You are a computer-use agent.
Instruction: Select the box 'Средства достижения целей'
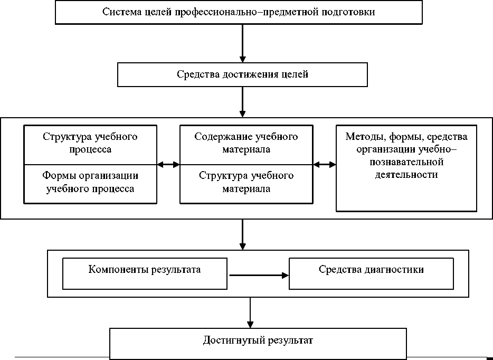(242, 74)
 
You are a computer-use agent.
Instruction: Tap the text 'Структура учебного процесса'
(90, 143)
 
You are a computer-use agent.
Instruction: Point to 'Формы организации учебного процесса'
(90, 182)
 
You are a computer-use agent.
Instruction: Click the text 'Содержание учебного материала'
(246, 143)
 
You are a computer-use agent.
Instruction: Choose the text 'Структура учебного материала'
(246, 182)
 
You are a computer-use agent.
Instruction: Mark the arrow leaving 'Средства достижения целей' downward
(242, 101)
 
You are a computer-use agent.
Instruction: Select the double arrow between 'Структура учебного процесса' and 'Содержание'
(168, 165)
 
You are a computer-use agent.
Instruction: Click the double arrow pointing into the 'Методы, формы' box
(325, 165)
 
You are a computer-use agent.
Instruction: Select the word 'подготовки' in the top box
(352, 12)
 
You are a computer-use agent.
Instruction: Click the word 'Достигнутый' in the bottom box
(229, 340)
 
